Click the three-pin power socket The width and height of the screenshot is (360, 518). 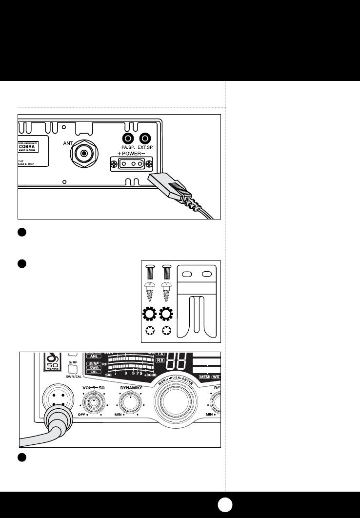click(131, 164)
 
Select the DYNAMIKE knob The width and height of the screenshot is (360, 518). click(130, 403)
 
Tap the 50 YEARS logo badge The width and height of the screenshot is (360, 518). click(51, 362)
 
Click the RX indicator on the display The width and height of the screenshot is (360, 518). click(160, 359)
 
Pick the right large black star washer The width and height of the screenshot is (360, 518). click(166, 315)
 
